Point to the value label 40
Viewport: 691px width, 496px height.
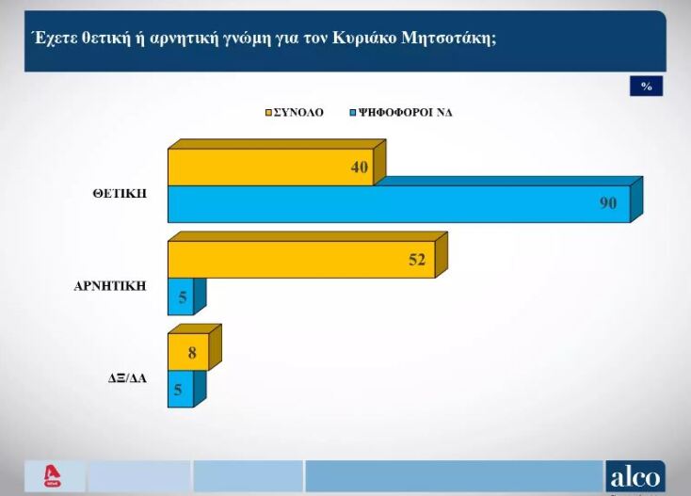click(359, 168)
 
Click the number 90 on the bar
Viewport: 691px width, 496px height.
click(608, 203)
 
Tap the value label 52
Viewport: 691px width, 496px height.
click(417, 260)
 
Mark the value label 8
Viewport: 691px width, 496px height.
click(193, 353)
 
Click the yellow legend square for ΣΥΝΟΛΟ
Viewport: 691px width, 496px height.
click(267, 112)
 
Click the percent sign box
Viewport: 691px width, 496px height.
click(646, 87)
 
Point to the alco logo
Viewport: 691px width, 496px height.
click(635, 476)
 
